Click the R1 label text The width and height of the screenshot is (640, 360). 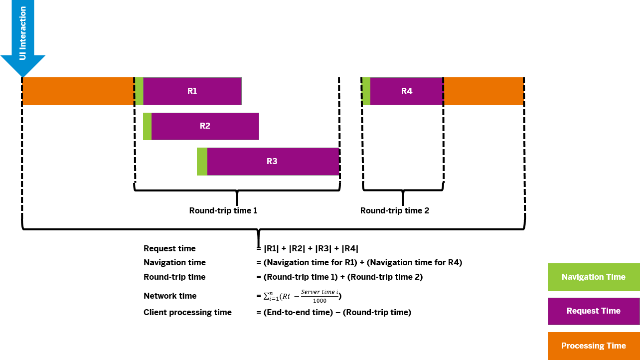point(192,91)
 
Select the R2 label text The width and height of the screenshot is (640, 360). point(205,126)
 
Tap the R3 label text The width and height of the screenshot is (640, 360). point(272,162)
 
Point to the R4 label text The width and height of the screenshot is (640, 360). point(407,91)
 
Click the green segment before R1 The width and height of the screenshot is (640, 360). point(139,91)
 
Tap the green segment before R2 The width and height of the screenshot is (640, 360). point(147,126)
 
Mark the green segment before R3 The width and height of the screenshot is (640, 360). point(202,162)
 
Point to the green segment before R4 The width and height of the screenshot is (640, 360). point(366,91)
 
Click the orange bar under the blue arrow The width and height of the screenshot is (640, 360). point(78,91)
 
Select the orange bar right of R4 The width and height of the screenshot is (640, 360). point(483,91)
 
